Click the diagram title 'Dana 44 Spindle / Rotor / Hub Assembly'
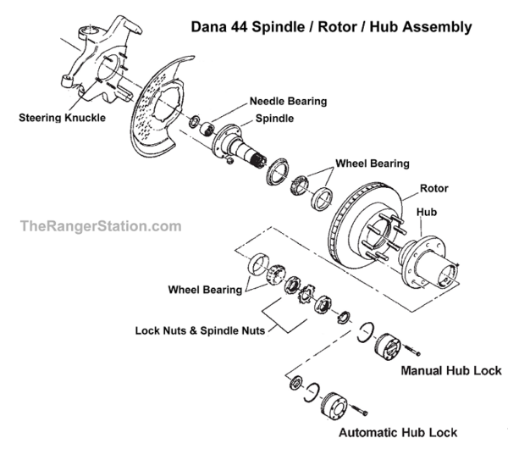[331, 27]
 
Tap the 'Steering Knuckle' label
[63, 118]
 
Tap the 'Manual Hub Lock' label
[450, 371]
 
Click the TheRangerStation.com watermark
[100, 226]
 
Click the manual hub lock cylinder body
[391, 346]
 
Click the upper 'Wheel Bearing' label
[372, 163]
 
